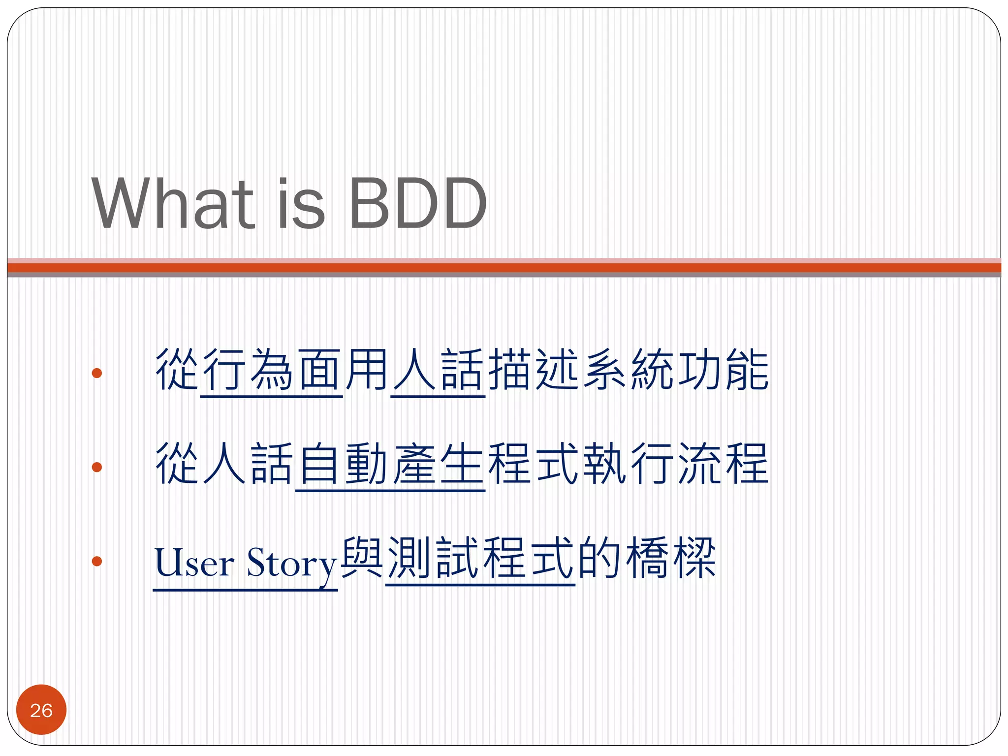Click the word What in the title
pyautogui.click(x=172, y=203)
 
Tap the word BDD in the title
pyautogui.click(x=417, y=203)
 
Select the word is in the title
pyautogui.click(x=301, y=203)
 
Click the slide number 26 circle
pyautogui.click(x=41, y=710)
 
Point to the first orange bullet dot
pyautogui.click(x=97, y=373)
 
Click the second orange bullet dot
pyautogui.click(x=97, y=467)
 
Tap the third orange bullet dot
pyautogui.click(x=97, y=561)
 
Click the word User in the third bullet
pyautogui.click(x=194, y=563)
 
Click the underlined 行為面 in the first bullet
pyautogui.click(x=272, y=370)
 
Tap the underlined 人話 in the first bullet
pyautogui.click(x=438, y=370)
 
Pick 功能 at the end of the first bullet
pyautogui.click(x=724, y=370)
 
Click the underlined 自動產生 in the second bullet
pyautogui.click(x=390, y=464)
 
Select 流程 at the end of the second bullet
pyautogui.click(x=724, y=464)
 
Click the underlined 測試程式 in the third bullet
pyautogui.click(x=480, y=558)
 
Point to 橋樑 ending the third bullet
pyautogui.click(x=670, y=558)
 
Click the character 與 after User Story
pyautogui.click(x=362, y=558)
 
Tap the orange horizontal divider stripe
pyautogui.click(x=504, y=268)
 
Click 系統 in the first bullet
pyautogui.click(x=628, y=370)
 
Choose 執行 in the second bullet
pyautogui.click(x=628, y=464)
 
